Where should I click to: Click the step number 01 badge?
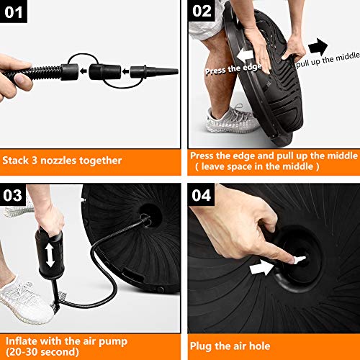click(14, 12)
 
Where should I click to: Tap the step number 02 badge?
click(201, 11)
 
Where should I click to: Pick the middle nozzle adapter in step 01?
click(104, 71)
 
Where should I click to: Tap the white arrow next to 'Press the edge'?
click(245, 55)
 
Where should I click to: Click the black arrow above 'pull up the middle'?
click(318, 46)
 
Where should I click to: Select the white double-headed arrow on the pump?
click(50, 255)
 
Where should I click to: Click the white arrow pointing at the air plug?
click(261, 268)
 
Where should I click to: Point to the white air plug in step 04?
click(299, 260)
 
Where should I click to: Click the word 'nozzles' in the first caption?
click(58, 161)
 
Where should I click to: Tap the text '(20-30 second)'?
click(42, 352)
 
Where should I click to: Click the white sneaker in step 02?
click(232, 119)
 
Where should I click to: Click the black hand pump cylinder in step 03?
click(50, 254)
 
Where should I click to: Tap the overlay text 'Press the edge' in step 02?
click(233, 69)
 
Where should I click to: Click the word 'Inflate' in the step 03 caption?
click(21, 341)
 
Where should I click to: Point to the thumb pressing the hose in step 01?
click(22, 81)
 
